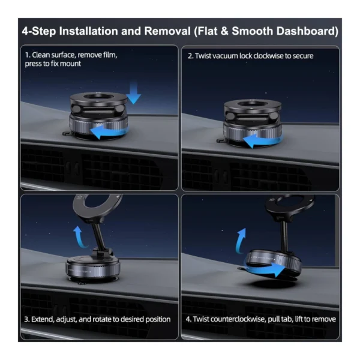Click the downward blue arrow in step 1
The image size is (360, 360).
point(133,92)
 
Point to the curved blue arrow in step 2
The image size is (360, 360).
point(263,140)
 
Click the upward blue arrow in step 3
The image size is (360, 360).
point(79,236)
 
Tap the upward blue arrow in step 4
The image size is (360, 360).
point(241,241)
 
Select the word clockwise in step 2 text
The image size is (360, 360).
point(268,56)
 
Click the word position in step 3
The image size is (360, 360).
point(158,320)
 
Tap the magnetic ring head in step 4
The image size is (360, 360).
point(271,205)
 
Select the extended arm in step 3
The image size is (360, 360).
point(100,235)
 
